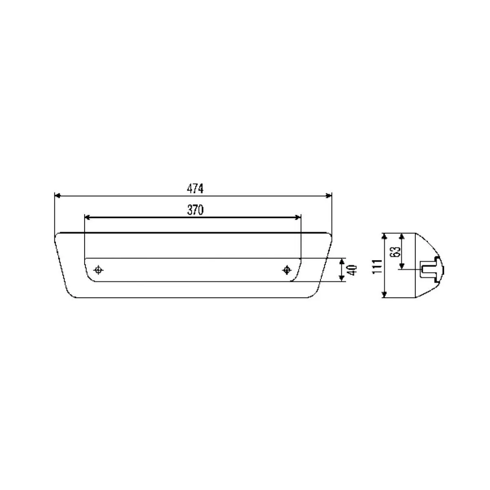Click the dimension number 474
click(195, 189)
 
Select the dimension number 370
click(195, 210)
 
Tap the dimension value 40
click(352, 270)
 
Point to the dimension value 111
click(377, 267)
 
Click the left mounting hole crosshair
click(98, 270)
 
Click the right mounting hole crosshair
click(287, 270)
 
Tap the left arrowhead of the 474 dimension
click(58, 196)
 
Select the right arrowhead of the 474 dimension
click(329, 196)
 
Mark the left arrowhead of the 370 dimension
click(87, 217)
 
